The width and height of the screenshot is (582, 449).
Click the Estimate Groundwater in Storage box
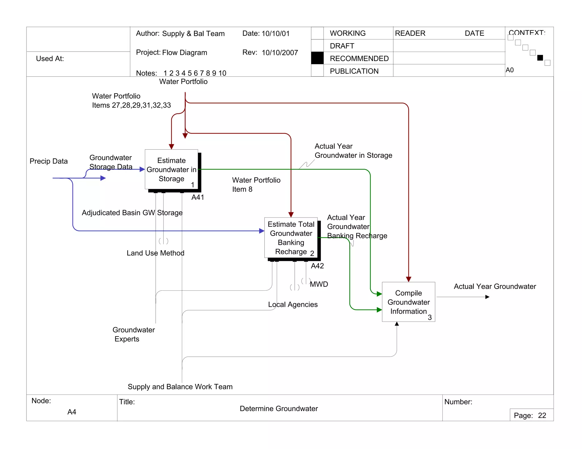pyautogui.click(x=171, y=169)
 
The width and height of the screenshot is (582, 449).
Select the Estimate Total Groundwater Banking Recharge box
pyautogui.click(x=291, y=238)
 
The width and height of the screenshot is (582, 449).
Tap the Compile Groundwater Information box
pyautogui.click(x=408, y=302)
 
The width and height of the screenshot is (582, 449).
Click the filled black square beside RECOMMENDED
pyautogui.click(x=317, y=58)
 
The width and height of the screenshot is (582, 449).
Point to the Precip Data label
pyautogui.click(x=49, y=161)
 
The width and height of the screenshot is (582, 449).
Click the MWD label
pyautogui.click(x=319, y=284)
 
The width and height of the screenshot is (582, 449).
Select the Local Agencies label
pyautogui.click(x=293, y=305)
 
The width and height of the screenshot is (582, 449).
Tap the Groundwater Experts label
pyautogui.click(x=133, y=334)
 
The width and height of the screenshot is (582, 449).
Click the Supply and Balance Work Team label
pyautogui.click(x=180, y=387)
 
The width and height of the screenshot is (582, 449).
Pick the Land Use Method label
pyautogui.click(x=155, y=253)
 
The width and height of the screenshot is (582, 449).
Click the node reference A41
pyautogui.click(x=198, y=197)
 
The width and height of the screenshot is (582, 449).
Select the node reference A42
pyautogui.click(x=317, y=266)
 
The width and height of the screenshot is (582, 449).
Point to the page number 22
pyautogui.click(x=542, y=416)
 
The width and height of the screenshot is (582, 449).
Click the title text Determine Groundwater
pyautogui.click(x=278, y=408)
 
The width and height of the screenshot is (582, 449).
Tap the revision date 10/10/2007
pyautogui.click(x=280, y=53)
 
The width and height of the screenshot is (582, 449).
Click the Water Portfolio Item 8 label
pyautogui.click(x=256, y=184)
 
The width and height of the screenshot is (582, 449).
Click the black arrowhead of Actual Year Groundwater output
pyautogui.click(x=487, y=297)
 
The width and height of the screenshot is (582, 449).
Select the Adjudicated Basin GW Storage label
pyautogui.click(x=132, y=213)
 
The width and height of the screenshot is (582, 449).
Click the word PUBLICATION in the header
pyautogui.click(x=354, y=71)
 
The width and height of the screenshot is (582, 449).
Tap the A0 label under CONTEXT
pyautogui.click(x=510, y=70)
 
